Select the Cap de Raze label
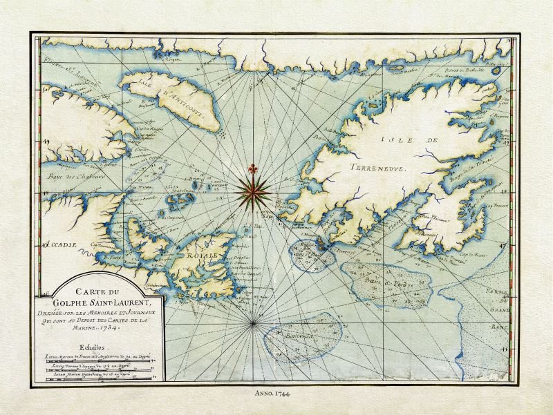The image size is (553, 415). [476, 258]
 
